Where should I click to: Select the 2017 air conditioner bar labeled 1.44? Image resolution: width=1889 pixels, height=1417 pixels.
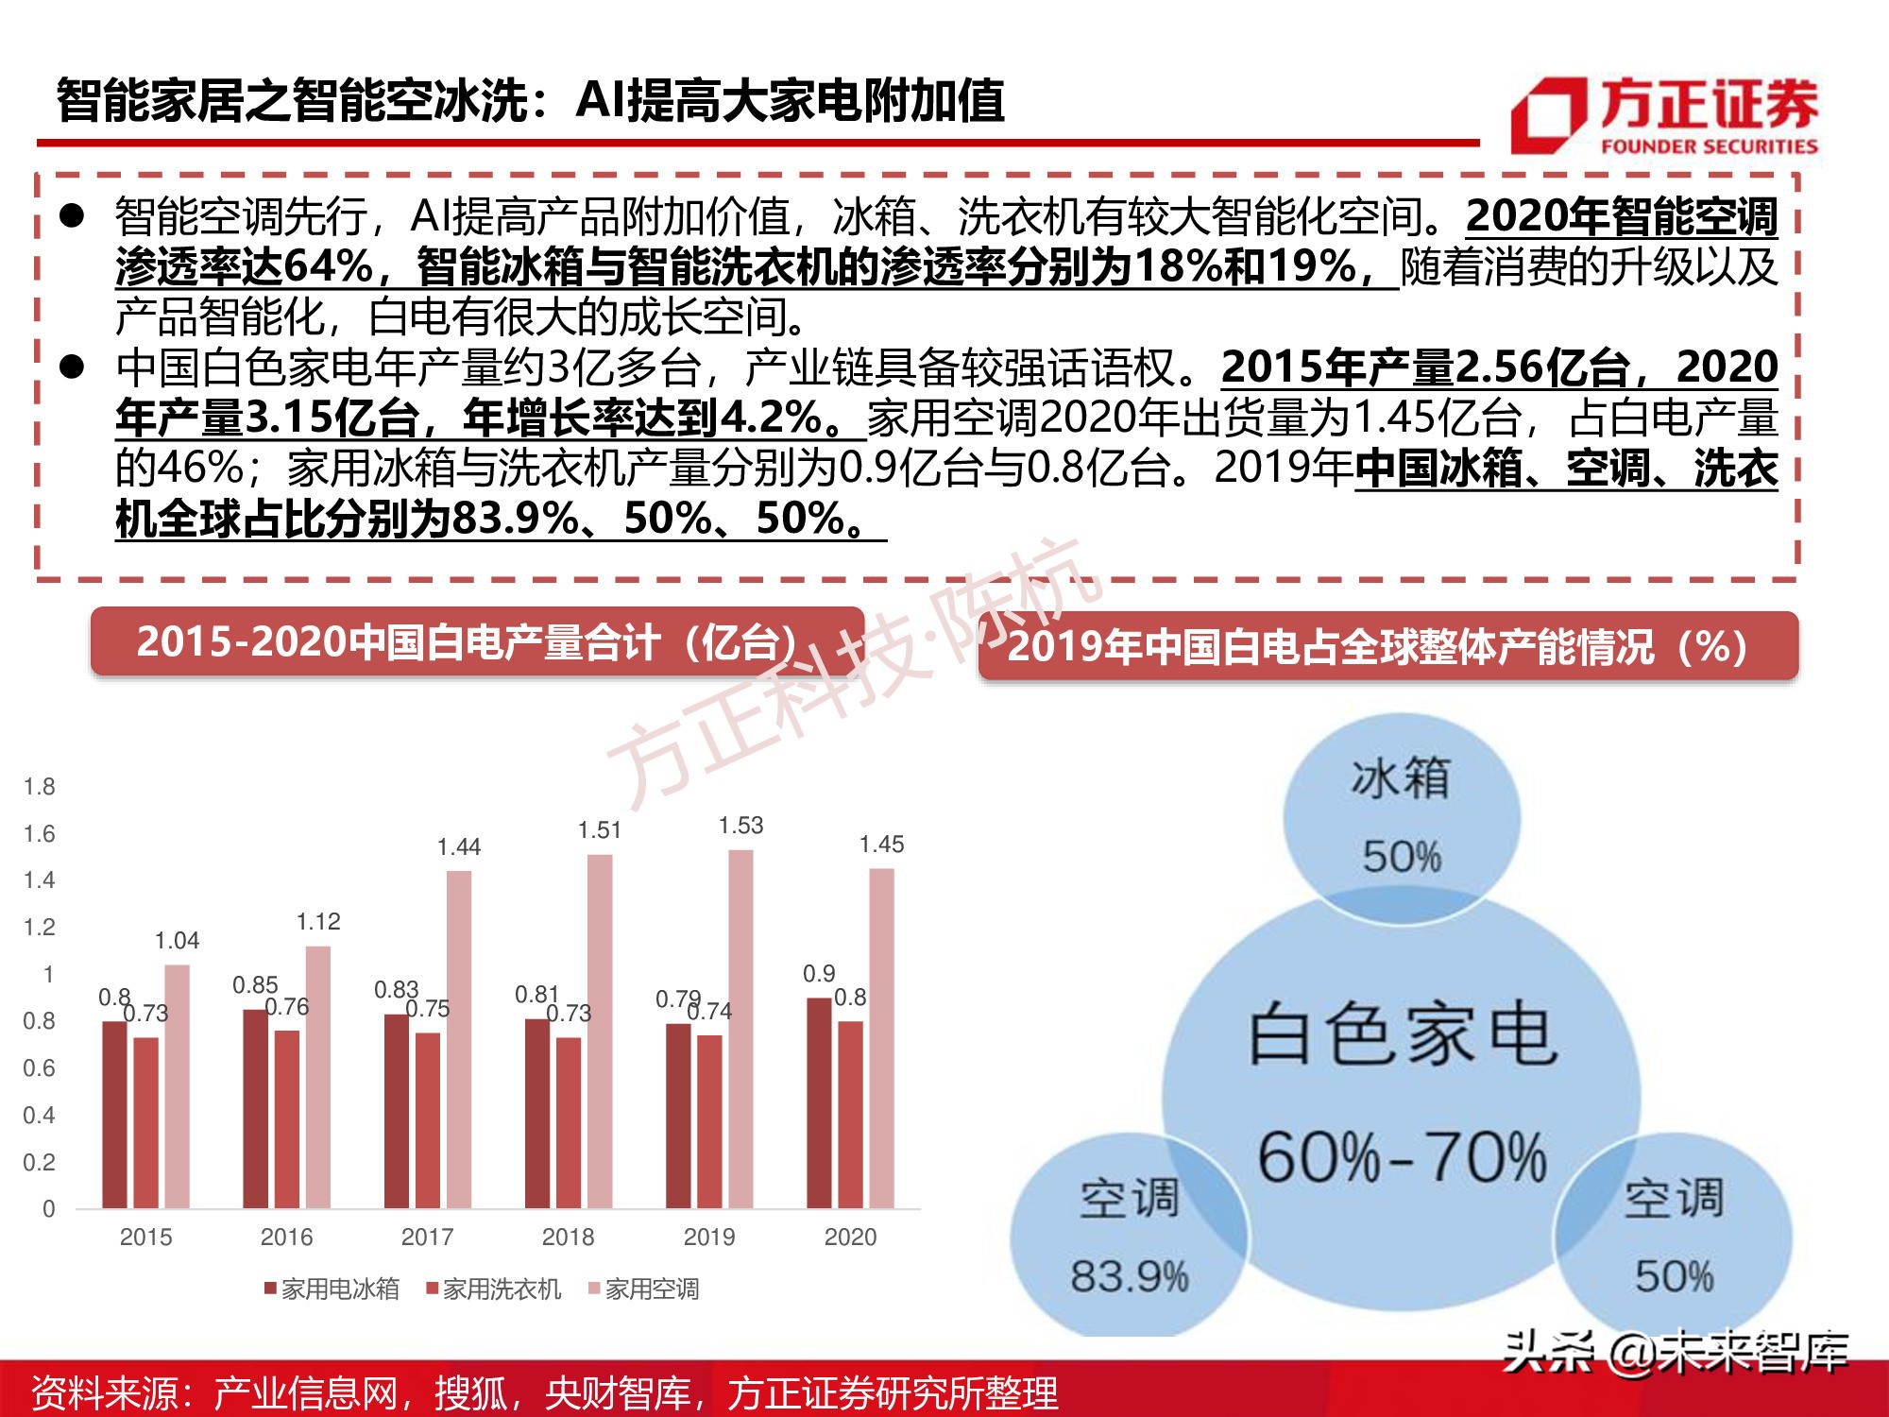pos(459,1039)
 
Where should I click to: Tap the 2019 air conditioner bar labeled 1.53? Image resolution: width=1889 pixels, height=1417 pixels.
pos(740,1029)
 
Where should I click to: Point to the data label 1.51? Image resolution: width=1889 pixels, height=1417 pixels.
pos(600,830)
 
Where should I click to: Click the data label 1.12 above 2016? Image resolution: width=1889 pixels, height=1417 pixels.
pos(318,922)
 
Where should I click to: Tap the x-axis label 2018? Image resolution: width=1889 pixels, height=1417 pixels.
pos(568,1237)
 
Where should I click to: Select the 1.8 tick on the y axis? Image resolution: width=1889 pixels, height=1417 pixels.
pos(40,787)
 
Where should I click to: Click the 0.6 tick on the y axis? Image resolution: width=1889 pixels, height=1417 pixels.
pos(40,1068)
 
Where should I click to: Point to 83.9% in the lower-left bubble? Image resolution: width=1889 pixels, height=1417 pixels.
pos(1130,1276)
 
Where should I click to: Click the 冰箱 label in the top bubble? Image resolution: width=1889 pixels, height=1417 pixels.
pos(1401,778)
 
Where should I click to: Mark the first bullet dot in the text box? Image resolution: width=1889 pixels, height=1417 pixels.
pos(73,216)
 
